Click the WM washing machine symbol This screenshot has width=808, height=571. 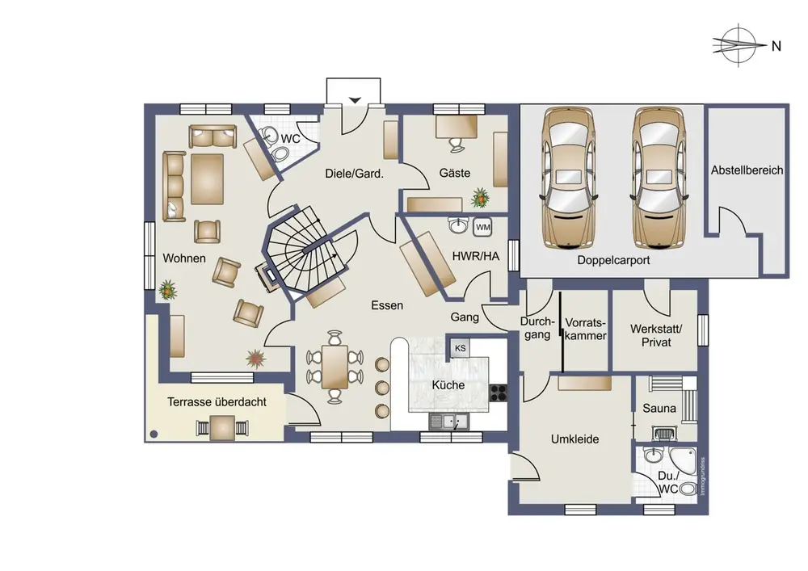click(482, 227)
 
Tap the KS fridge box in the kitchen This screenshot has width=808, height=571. click(460, 348)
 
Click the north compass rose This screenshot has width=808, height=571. click(738, 44)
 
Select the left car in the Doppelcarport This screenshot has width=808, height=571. click(569, 178)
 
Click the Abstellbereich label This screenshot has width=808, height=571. click(747, 170)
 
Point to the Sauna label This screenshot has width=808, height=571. click(659, 409)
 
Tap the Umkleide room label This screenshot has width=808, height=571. click(574, 439)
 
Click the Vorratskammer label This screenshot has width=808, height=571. click(585, 329)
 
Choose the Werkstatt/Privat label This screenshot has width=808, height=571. click(656, 335)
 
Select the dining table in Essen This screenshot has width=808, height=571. click(335, 367)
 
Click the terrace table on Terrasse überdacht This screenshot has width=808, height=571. click(223, 428)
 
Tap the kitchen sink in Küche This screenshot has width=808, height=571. click(448, 422)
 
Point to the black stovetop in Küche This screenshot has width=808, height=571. click(499, 393)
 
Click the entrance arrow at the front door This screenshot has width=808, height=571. click(355, 99)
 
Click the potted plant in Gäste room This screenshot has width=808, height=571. click(480, 197)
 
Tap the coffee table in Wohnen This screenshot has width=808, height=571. click(207, 179)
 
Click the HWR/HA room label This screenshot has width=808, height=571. click(476, 256)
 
